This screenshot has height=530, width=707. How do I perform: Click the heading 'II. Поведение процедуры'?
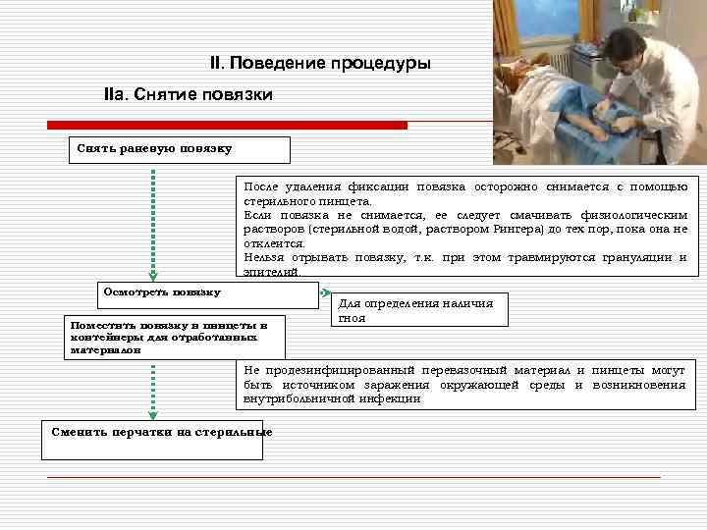(320, 64)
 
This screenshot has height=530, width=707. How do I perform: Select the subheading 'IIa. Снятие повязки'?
(188, 95)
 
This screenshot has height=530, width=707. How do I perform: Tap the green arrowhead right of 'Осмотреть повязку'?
(326, 291)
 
